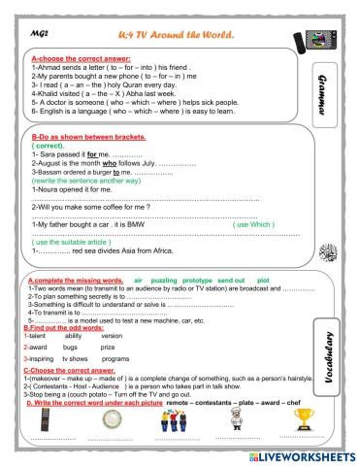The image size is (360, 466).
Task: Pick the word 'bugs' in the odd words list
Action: [x=70, y=346]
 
